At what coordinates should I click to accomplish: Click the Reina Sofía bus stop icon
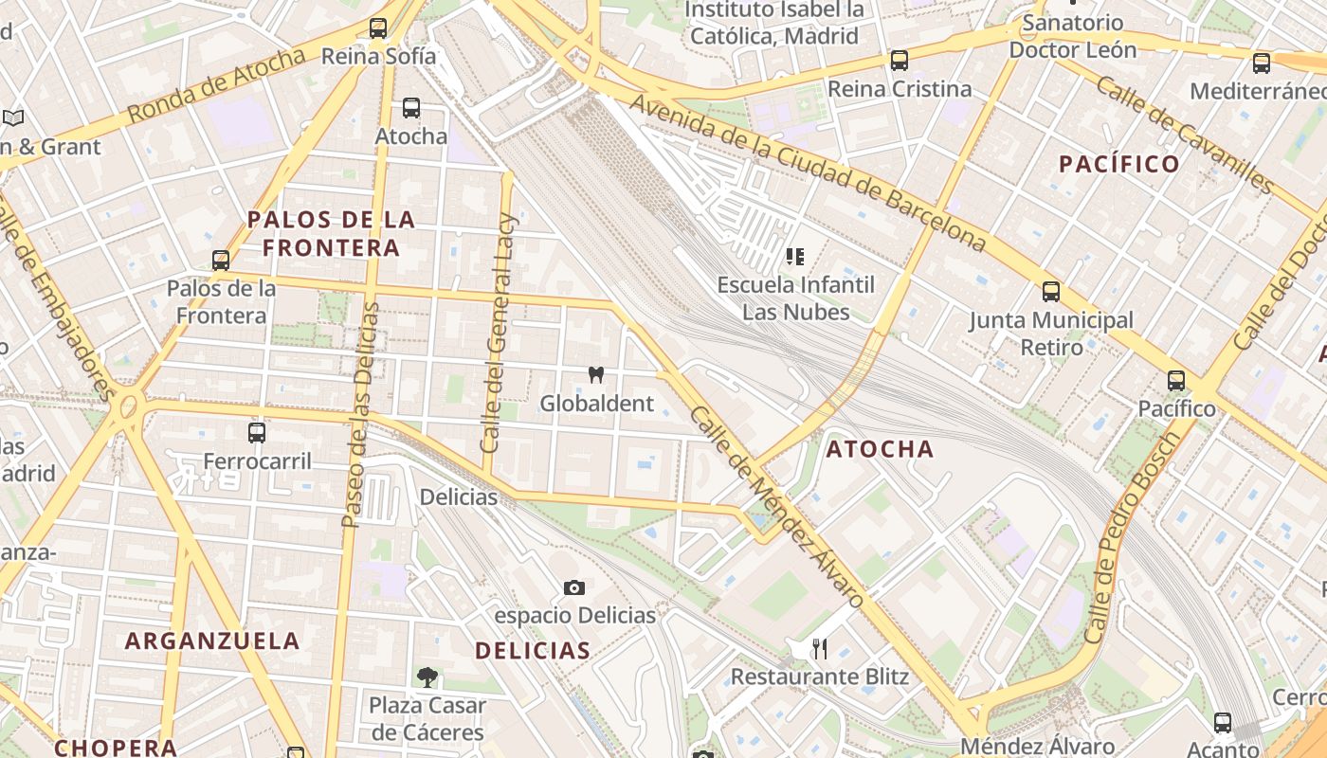(378, 28)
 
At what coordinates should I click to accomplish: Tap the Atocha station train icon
(411, 108)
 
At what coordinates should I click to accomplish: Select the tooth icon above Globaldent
(596, 374)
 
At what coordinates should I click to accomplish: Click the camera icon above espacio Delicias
(573, 588)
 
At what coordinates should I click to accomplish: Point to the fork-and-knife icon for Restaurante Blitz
(820, 649)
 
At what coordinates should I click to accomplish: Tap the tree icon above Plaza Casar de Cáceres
(427, 677)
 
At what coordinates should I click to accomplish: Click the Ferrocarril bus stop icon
(257, 433)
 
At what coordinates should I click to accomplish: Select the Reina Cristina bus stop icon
(900, 61)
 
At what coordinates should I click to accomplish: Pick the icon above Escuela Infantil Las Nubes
(795, 256)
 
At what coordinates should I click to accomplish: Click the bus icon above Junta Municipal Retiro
(1050, 292)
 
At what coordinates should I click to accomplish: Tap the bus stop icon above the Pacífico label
(1176, 381)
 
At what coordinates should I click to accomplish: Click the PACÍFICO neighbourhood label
(1119, 164)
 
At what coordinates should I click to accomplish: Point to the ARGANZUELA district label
(212, 641)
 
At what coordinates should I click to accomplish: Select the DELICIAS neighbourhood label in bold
(533, 650)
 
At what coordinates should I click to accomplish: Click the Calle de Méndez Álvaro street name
(777, 508)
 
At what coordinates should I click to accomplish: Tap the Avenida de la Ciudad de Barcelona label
(809, 171)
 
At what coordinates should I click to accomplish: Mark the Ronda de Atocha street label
(216, 85)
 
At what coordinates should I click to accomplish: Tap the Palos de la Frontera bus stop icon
(221, 260)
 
